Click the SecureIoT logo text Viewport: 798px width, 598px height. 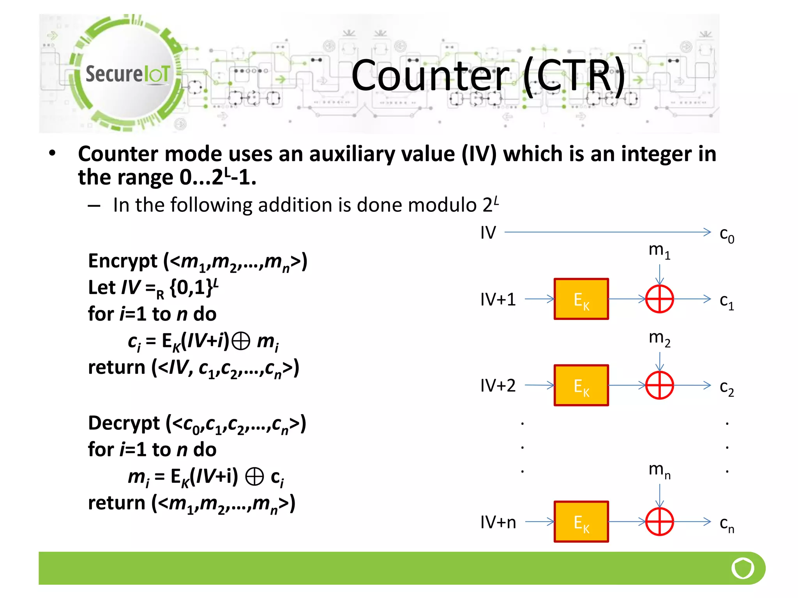coord(127,74)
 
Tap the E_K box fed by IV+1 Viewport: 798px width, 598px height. coord(581,299)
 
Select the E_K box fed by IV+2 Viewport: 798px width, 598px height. coord(581,385)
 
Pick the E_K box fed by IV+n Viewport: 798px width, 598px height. coord(581,522)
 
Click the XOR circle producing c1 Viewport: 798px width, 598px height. coord(659,299)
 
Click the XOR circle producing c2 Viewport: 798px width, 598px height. coord(659,385)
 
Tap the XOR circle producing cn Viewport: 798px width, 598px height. coord(659,522)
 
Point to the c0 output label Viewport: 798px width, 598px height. coord(727,235)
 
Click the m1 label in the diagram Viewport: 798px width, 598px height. coord(659,250)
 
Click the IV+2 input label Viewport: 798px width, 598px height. coord(498,385)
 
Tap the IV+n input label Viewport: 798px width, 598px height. coord(498,522)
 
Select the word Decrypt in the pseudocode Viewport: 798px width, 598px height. coord(124,423)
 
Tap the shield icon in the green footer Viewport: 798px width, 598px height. coord(743,568)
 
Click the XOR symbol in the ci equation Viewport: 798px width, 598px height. coord(240,342)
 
